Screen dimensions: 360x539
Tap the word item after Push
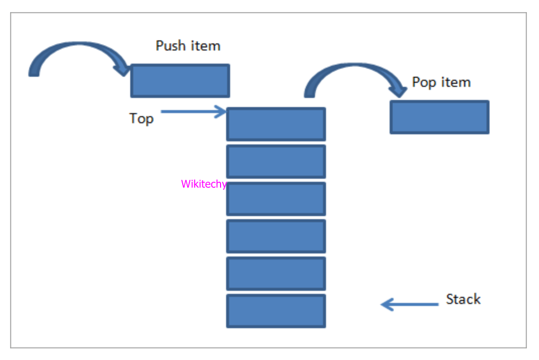coord(206,46)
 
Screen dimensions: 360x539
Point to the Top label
coord(141,118)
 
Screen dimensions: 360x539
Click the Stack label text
coord(463,299)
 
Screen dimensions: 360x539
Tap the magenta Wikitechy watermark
coord(204,184)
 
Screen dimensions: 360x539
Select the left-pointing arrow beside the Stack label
coord(409,304)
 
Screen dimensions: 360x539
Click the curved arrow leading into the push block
coord(76,53)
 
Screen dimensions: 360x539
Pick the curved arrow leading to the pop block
coord(353,73)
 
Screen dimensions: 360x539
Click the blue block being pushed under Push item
coord(180,81)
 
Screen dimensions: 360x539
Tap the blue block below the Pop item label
coord(440,117)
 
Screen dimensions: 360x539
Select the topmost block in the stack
coord(276,124)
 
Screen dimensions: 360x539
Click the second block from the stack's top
coord(276,162)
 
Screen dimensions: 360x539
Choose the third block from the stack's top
coord(276,199)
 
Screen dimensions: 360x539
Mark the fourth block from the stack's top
coord(276,236)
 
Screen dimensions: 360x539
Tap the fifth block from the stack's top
coord(276,274)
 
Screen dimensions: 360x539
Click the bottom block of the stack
coord(276,311)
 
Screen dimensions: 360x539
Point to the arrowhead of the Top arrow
coord(221,112)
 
